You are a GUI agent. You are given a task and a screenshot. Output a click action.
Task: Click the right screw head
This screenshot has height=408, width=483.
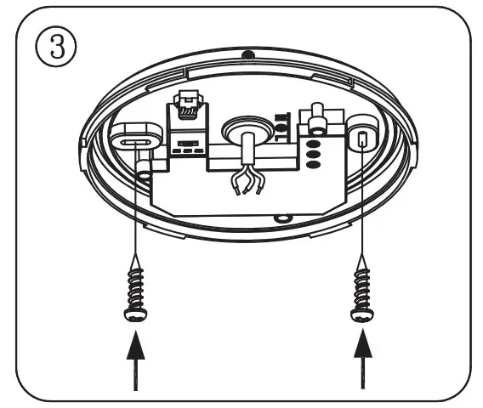361,314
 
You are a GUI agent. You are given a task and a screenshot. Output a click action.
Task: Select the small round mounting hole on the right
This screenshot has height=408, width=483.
362,139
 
